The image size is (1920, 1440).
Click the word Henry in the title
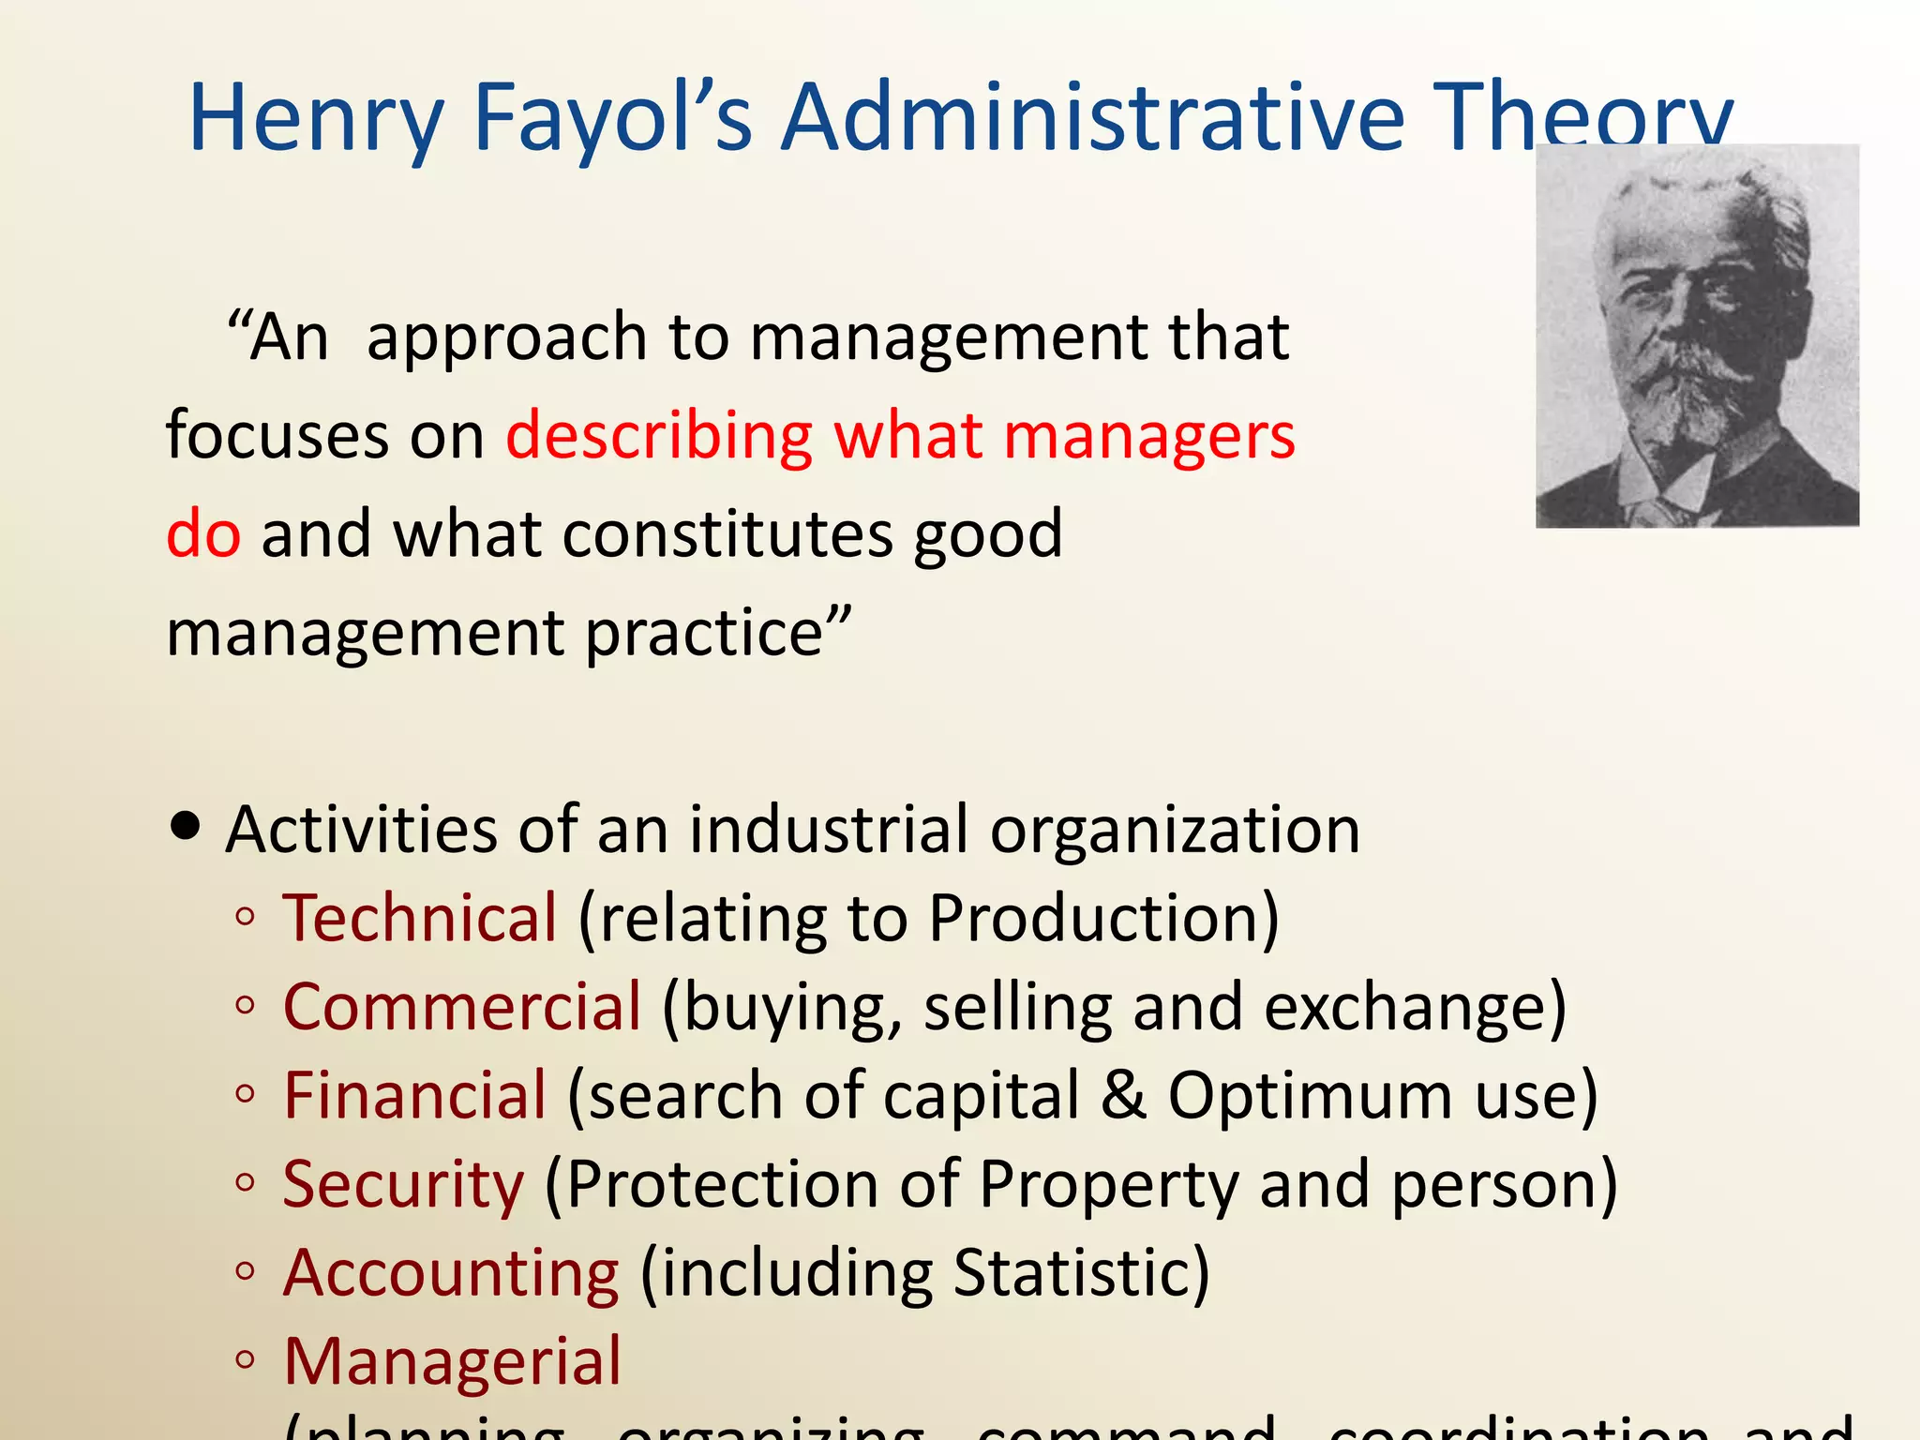[316, 119]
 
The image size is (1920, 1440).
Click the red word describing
[659, 437]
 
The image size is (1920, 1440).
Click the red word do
[203, 534]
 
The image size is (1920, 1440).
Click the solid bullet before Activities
[187, 827]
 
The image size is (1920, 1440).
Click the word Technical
[420, 918]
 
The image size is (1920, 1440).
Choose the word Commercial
[462, 1007]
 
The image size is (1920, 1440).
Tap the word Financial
[414, 1095]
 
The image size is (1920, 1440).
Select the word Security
[403, 1185]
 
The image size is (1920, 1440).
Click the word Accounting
[451, 1273]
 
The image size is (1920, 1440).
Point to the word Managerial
[452, 1361]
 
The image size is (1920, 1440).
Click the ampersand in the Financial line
[1123, 1095]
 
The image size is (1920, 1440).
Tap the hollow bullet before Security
[246, 1183]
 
